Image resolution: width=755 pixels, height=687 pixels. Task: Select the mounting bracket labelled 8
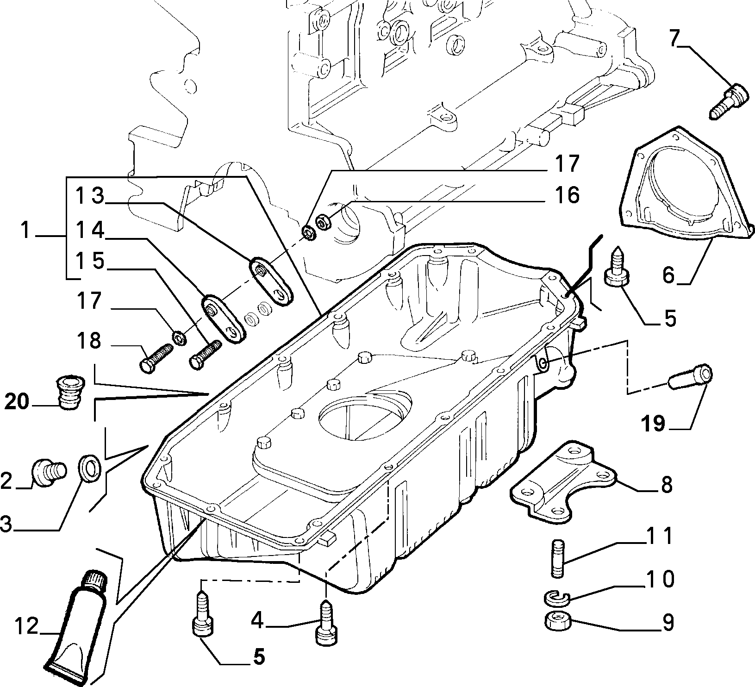tap(564, 484)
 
